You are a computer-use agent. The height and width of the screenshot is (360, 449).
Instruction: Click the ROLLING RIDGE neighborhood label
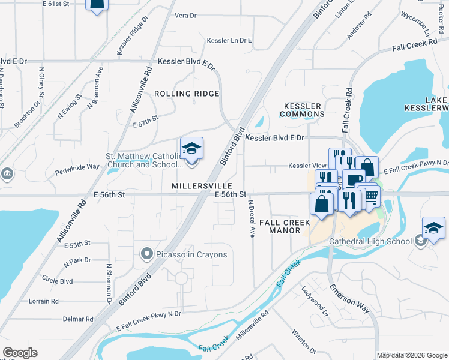pos(186,94)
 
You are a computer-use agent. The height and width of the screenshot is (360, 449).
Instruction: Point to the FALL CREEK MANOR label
pos(285,226)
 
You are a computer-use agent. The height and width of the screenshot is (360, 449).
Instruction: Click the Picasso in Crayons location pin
pos(146,254)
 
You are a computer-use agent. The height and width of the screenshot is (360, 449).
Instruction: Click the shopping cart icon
pos(371,195)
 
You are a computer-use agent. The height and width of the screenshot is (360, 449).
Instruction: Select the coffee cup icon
pos(354,179)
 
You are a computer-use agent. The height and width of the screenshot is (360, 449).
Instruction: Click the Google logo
pos(20,353)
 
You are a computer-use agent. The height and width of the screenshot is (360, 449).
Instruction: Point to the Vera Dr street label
pos(185,16)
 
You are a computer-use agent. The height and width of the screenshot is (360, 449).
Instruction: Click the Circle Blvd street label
pos(58,280)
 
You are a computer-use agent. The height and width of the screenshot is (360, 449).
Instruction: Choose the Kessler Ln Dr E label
pos(229,41)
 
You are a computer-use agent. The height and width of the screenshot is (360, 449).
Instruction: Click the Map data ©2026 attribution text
pos(411,355)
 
